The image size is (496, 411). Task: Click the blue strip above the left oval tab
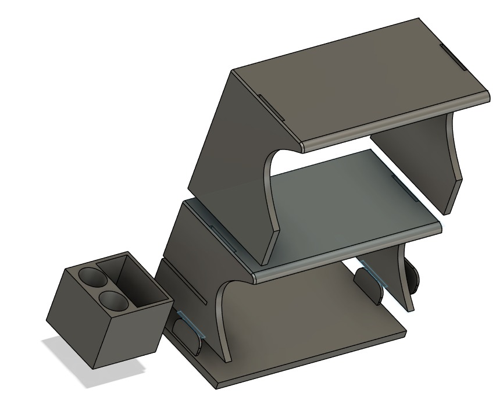tap(190, 323)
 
